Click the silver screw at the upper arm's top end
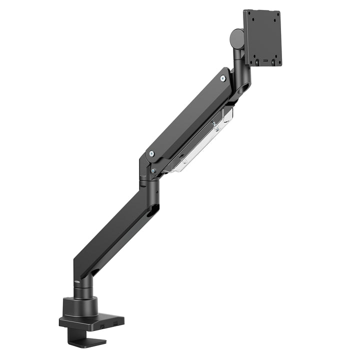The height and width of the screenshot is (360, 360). click(x=222, y=78)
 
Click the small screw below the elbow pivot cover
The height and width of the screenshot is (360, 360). click(x=152, y=170)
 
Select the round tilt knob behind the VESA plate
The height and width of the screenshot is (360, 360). click(x=235, y=37)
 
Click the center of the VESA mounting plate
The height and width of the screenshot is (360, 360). click(x=262, y=37)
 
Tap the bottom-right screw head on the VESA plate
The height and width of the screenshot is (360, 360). click(x=273, y=63)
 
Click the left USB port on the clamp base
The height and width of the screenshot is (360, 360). click(x=102, y=326)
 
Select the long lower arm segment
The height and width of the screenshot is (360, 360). click(x=115, y=235)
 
